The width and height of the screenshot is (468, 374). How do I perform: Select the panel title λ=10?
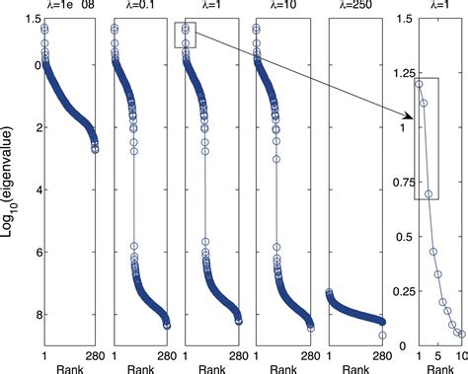tap(279, 7)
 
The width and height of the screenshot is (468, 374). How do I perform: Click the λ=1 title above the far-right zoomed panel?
tap(439, 7)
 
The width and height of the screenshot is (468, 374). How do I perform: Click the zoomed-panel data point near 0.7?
tap(429, 194)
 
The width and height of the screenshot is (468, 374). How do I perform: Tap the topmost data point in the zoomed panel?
tap(420, 84)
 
